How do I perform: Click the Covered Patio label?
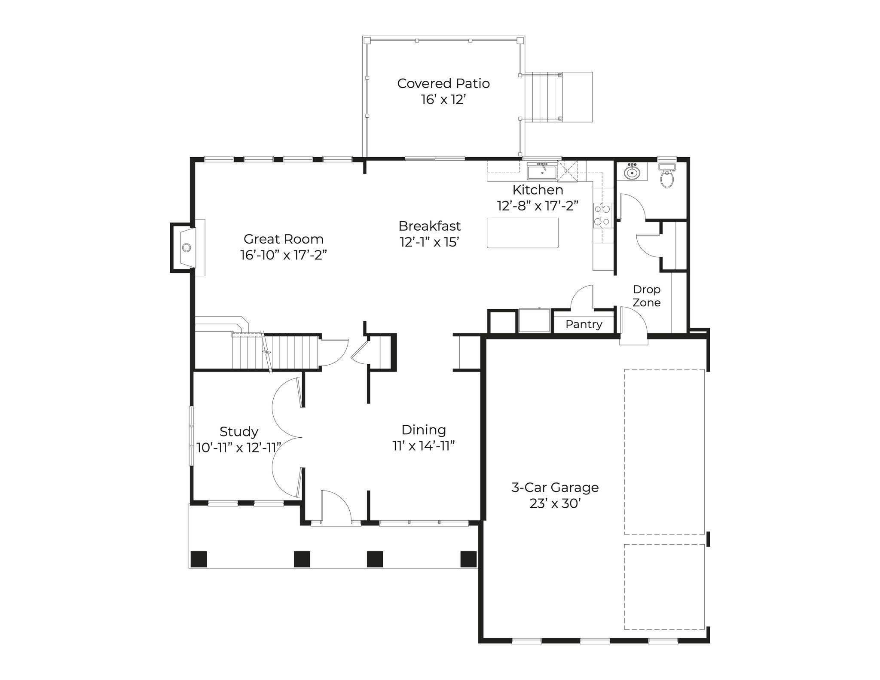pos(443,83)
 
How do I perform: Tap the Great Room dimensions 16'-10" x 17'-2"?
pos(284,255)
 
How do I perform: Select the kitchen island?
pos(523,233)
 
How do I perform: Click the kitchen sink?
pos(542,172)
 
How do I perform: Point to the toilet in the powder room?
pos(667,177)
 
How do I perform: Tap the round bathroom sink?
pos(632,172)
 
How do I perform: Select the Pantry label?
pos(584,324)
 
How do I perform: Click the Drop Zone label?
pos(647,296)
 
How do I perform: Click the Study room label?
pos(239,431)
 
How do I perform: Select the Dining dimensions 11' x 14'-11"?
pos(424,446)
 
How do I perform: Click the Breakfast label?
pos(430,226)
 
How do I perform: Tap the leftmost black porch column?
pos(199,559)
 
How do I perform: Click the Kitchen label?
pos(538,190)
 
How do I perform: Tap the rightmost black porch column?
pos(468,559)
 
